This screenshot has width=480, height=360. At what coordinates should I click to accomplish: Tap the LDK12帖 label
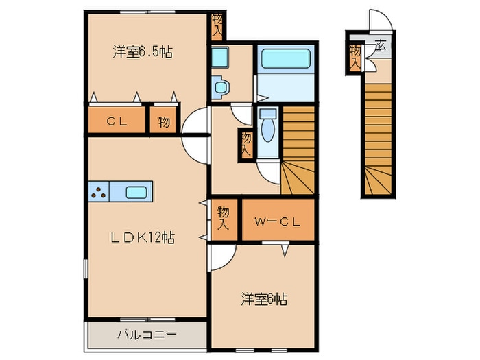pos(143,237)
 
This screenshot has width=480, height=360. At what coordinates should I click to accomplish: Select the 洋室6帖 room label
pos(263,299)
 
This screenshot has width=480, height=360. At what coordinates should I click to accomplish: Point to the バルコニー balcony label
pos(146,335)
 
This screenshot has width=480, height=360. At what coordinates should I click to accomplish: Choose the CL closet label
pos(116,122)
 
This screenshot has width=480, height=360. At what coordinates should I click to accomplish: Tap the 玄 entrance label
pos(379,48)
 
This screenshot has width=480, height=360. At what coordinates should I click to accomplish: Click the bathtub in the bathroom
pos(285,59)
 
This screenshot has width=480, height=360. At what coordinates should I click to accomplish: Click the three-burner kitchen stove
pos(99,193)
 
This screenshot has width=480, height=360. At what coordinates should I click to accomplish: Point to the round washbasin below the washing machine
pos(220,86)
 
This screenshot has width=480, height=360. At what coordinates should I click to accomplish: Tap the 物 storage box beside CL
pos(164,122)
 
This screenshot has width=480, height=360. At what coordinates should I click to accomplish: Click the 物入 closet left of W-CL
pos(224,218)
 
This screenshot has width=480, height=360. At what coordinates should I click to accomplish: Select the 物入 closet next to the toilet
pos(245,145)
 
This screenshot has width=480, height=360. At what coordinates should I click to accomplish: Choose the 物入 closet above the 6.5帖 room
pos(217,26)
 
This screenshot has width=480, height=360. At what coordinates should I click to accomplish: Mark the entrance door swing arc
pos(382,21)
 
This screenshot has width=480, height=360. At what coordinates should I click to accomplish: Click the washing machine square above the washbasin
pos(219,57)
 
